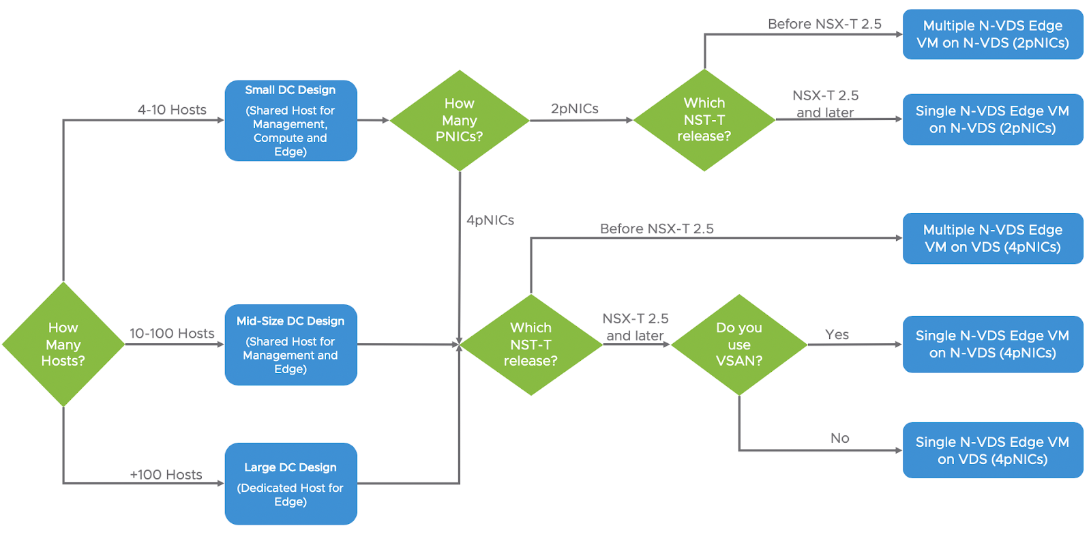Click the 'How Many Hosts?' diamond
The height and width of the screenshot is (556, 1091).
(63, 344)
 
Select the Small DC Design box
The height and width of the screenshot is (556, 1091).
(290, 120)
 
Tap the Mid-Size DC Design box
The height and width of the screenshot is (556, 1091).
(290, 345)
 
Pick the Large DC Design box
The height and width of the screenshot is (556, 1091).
(290, 484)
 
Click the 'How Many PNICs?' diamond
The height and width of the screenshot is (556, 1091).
(460, 120)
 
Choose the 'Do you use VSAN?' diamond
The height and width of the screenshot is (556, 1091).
(739, 345)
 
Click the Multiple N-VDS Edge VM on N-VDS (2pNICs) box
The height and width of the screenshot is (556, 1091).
(993, 34)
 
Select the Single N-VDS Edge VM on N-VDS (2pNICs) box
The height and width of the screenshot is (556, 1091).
(993, 119)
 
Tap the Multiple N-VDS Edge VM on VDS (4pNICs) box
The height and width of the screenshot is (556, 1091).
(993, 238)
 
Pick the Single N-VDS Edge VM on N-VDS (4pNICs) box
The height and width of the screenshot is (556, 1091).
(993, 344)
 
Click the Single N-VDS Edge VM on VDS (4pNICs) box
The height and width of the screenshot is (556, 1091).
(993, 450)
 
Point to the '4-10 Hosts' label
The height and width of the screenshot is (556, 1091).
(172, 110)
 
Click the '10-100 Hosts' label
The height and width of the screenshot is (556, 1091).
(172, 334)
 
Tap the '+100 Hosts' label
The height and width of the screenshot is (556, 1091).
(166, 475)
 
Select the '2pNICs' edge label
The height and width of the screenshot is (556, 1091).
(575, 108)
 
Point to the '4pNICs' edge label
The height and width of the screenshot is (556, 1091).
(490, 220)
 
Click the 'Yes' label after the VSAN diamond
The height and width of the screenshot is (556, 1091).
(837, 334)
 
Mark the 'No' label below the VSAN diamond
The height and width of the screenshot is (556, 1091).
(839, 438)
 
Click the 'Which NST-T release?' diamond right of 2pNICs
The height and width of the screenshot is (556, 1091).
(704, 120)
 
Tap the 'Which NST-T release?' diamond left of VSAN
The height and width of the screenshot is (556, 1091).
(531, 345)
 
